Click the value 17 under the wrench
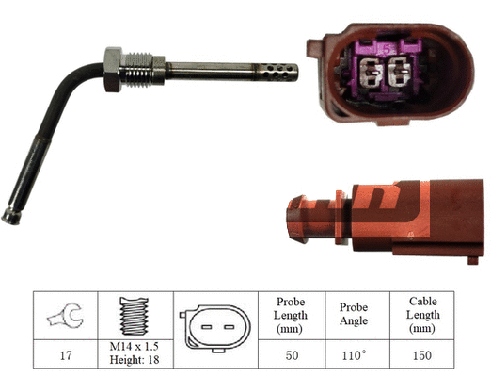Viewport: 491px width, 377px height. click(x=64, y=357)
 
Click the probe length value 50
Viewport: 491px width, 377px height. click(x=290, y=357)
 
